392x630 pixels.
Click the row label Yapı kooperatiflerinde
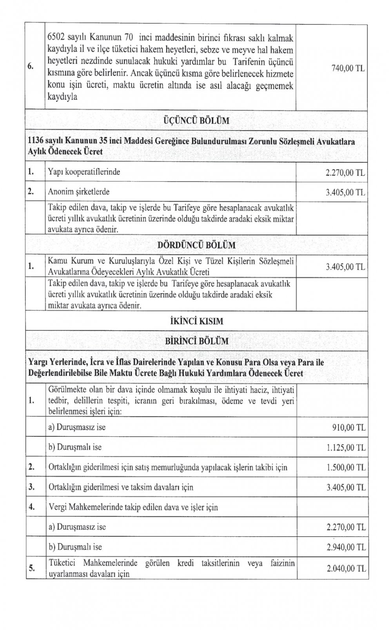[84, 172]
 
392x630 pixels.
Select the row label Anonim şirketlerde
[78, 192]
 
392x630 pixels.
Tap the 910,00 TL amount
[348, 427]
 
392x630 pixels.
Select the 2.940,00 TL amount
[345, 547]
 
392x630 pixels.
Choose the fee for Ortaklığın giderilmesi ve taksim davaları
[345, 487]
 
